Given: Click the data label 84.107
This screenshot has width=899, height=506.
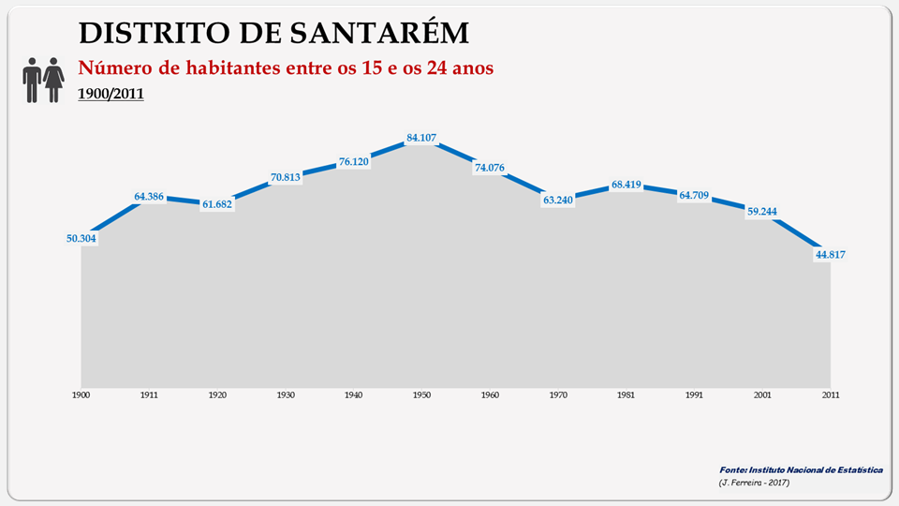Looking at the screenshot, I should point(421,139).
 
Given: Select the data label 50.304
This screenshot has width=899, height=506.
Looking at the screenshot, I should point(81,238).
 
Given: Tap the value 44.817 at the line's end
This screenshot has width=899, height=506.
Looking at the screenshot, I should point(831,255).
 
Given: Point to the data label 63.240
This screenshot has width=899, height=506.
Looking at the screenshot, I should point(558,201).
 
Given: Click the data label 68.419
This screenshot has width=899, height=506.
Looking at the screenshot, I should point(626,185).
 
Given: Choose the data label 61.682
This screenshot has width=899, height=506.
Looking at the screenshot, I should point(217,203).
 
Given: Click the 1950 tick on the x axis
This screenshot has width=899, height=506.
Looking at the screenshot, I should point(421,395).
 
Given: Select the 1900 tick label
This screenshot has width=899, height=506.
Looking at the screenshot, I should point(81,395).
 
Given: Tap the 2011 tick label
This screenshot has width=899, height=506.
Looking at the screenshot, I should point(831,395).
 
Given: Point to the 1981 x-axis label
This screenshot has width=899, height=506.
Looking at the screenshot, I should point(626,395).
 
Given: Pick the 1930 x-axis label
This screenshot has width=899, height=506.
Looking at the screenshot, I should point(285,395).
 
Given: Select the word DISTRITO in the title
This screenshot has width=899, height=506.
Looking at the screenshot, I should point(147,32).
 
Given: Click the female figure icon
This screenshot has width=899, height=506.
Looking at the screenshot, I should point(53,80).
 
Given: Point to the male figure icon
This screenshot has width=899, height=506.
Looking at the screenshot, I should point(32,80).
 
